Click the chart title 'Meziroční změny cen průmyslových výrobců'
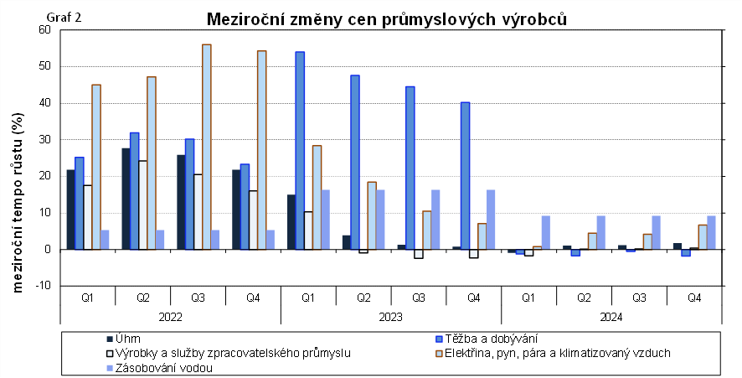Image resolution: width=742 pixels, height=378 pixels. pyautogui.click(x=387, y=19)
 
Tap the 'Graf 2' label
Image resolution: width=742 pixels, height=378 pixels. pyautogui.click(x=64, y=18)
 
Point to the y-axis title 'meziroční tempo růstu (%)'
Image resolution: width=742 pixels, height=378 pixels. pyautogui.click(x=18, y=202)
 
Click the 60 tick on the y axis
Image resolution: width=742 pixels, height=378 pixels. pyautogui.click(x=44, y=30)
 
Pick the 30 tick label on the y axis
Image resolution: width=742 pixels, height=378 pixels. pyautogui.click(x=44, y=140)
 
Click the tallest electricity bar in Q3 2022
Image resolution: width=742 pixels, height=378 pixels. pyautogui.click(x=206, y=147)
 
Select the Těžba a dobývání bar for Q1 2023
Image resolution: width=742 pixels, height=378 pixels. pyautogui.click(x=300, y=151)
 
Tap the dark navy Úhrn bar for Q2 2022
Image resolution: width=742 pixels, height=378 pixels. pyautogui.click(x=126, y=199)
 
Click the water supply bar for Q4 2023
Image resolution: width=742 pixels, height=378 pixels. pyautogui.click(x=491, y=220)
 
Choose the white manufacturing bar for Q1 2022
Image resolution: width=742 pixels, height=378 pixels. pyautogui.click(x=88, y=217)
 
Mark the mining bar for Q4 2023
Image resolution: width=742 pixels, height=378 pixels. pyautogui.click(x=465, y=176)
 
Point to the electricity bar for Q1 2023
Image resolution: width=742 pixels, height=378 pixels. pyautogui.click(x=317, y=198)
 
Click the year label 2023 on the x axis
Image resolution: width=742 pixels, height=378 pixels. pyautogui.click(x=391, y=317)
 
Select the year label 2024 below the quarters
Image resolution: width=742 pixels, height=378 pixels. pyautogui.click(x=611, y=317)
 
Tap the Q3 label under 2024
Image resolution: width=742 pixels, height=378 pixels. pyautogui.click(x=639, y=298)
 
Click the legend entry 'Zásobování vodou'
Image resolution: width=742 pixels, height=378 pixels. pyautogui.click(x=159, y=368)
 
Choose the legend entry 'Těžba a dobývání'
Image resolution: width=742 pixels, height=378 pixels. pyautogui.click(x=487, y=339)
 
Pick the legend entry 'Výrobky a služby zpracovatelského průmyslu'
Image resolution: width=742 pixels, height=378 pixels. pyautogui.click(x=229, y=353)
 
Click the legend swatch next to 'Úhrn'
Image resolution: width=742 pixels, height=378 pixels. pyautogui.click(x=110, y=339)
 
